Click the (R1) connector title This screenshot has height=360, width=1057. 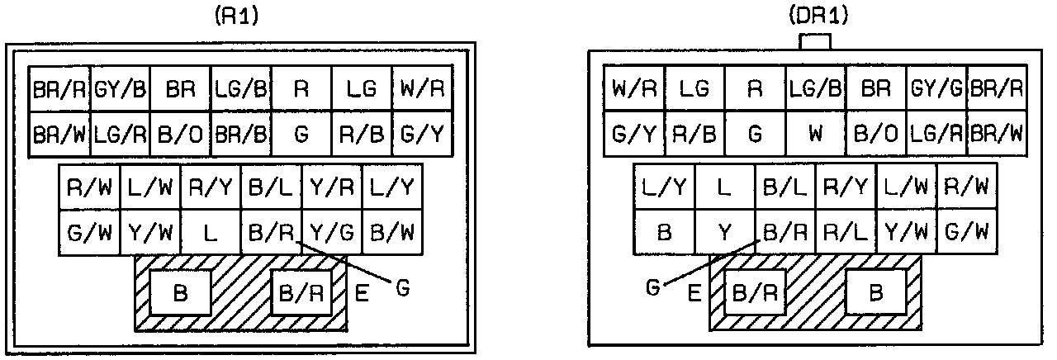point(239,17)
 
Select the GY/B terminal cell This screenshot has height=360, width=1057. point(120,88)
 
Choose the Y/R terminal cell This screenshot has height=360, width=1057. point(331,189)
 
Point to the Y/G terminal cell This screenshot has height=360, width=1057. point(331,234)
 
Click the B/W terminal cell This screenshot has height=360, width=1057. point(392,234)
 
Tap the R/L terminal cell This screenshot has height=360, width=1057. point(846,234)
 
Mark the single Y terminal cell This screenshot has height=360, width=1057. point(724,234)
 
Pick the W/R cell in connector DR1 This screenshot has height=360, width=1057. point(634,88)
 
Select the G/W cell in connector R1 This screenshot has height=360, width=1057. point(89,234)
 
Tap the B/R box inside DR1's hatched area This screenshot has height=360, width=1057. point(754,292)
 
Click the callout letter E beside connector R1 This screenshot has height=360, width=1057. point(362,293)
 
